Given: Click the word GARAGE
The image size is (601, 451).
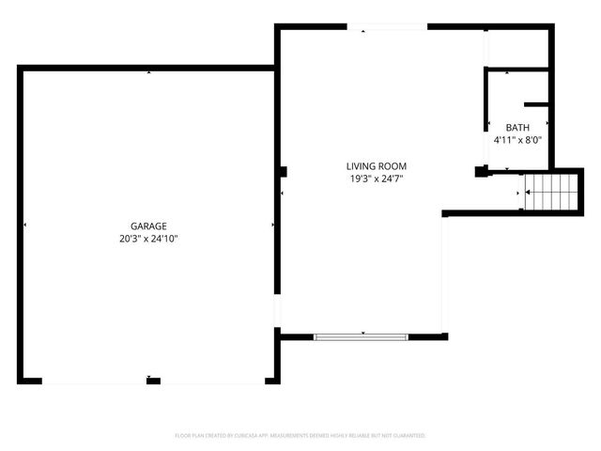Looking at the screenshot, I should pyautogui.click(x=149, y=226).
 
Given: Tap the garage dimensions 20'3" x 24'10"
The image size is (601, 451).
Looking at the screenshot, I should pyautogui.click(x=149, y=240).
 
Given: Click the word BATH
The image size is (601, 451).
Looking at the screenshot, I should pyautogui.click(x=517, y=128).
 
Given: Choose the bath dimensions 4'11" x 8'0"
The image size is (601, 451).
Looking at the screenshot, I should pyautogui.click(x=517, y=140).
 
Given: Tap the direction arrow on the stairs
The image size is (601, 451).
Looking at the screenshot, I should pyautogui.click(x=530, y=193).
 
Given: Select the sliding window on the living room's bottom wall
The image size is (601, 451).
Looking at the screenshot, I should pyautogui.click(x=362, y=337).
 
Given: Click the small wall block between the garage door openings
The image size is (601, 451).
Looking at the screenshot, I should pyautogui.click(x=153, y=381).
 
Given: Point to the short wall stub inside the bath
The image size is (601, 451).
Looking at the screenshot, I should pyautogui.click(x=536, y=103).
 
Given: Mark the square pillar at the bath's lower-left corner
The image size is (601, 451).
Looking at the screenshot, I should pyautogui.click(x=483, y=172).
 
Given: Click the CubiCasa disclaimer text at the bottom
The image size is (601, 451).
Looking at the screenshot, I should pyautogui.click(x=300, y=436).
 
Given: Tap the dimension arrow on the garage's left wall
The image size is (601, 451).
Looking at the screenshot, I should pyautogui.click(x=24, y=225).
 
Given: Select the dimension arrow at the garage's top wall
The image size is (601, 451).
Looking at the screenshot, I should pyautogui.click(x=148, y=72).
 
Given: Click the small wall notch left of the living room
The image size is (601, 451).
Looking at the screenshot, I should pyautogui.click(x=283, y=171).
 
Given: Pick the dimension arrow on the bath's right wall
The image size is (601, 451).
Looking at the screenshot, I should pyautogui.click(x=547, y=123).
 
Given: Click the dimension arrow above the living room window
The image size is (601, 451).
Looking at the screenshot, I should pyautogui.click(x=362, y=332).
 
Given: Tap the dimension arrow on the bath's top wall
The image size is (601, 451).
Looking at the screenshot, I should pyautogui.click(x=507, y=72).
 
